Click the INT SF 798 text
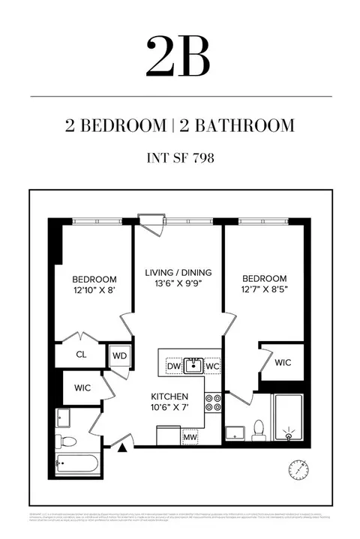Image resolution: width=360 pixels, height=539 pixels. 179,158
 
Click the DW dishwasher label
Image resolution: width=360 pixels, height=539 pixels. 173,367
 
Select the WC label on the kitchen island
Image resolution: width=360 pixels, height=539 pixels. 212,367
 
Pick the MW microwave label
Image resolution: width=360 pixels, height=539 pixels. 190,436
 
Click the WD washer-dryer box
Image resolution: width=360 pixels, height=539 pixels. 119,356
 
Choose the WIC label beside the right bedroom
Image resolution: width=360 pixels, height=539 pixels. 283,362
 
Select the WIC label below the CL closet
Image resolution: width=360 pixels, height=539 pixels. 82,389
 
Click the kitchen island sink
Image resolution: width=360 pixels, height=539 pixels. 193,366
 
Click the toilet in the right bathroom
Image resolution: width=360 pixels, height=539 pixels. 259,430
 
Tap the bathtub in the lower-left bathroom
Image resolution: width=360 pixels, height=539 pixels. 76,463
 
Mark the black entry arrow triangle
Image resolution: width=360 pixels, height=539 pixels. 121,448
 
